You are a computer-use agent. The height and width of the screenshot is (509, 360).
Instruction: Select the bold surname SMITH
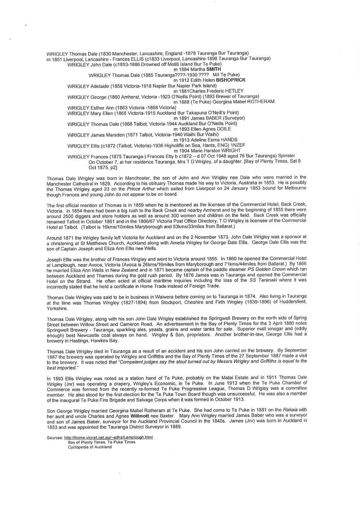point(213,69)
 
